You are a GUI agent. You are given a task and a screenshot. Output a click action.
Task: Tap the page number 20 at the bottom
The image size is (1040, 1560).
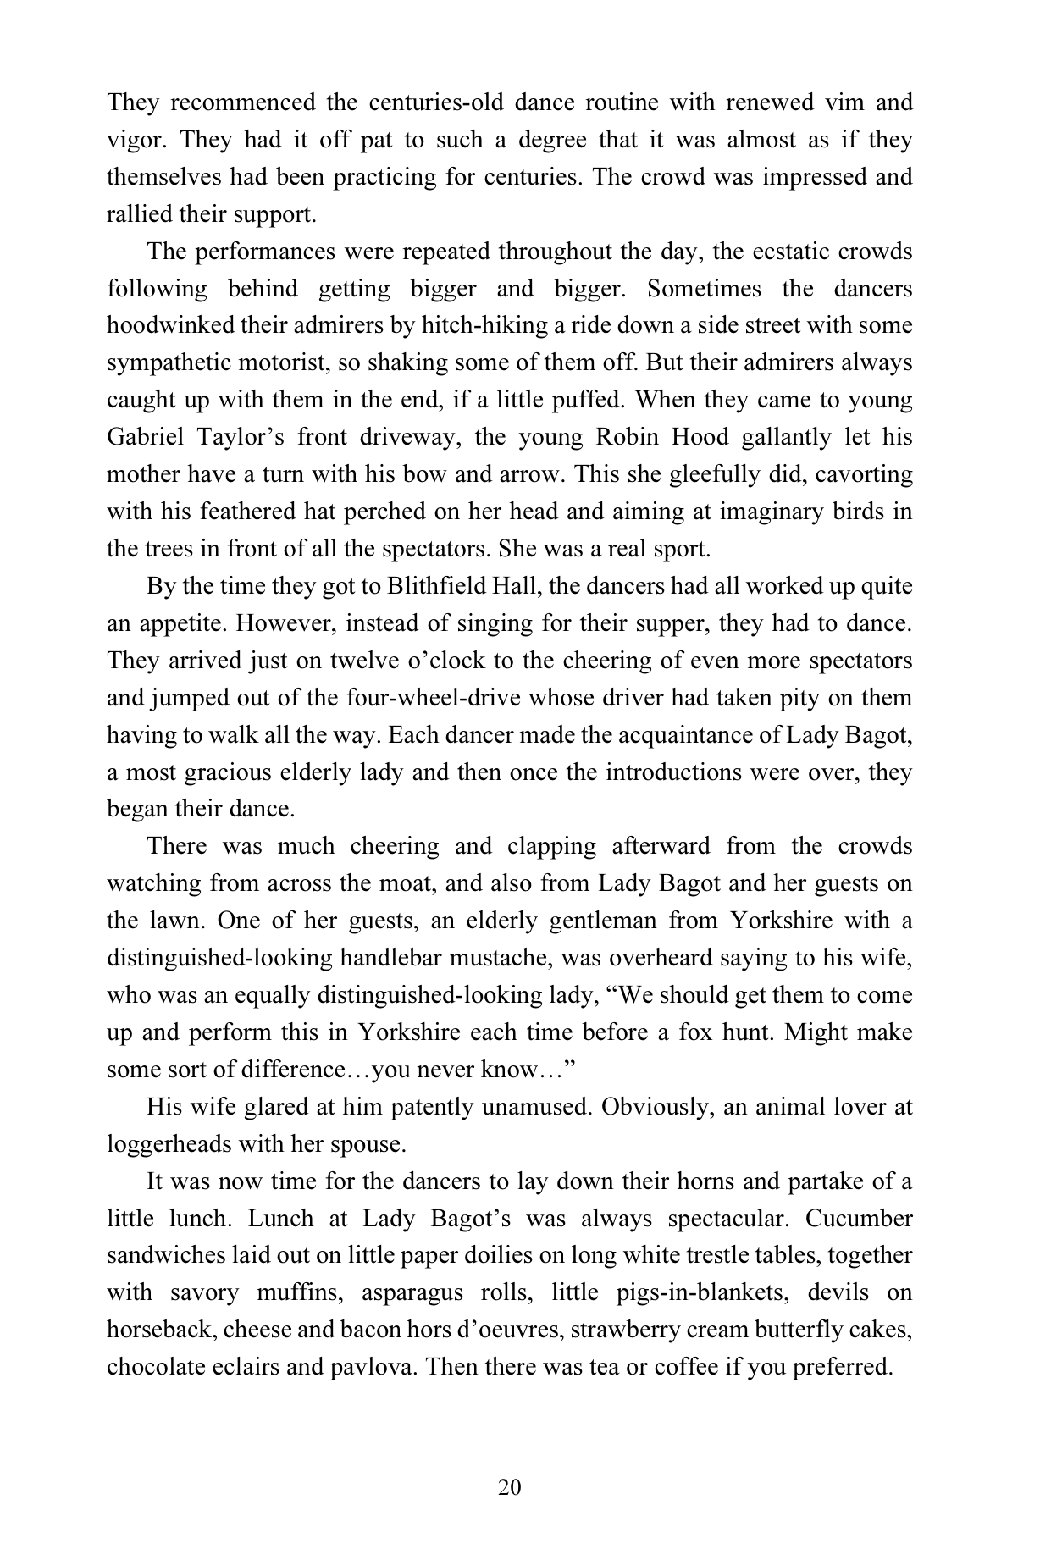point(510,1488)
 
